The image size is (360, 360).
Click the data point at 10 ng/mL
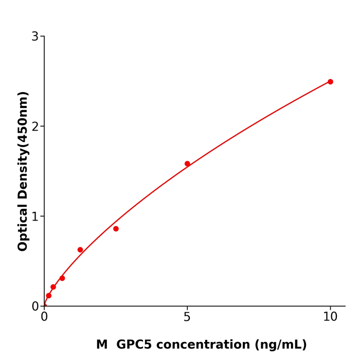click(330, 82)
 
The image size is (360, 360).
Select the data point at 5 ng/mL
click(187, 164)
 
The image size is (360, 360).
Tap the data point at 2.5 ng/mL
click(116, 229)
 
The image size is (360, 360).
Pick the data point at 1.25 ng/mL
click(80, 250)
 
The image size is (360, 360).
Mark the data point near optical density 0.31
click(62, 278)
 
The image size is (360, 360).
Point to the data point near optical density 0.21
click(53, 287)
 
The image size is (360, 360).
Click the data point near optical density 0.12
click(49, 296)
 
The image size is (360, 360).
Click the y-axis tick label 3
click(35, 37)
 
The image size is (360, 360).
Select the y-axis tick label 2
click(35, 127)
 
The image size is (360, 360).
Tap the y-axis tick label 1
click(35, 217)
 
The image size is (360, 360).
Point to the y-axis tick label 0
click(35, 307)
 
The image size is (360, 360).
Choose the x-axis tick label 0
click(44, 317)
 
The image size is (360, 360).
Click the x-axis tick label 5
click(187, 317)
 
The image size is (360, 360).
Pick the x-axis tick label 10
click(330, 317)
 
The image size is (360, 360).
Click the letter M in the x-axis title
click(102, 345)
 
